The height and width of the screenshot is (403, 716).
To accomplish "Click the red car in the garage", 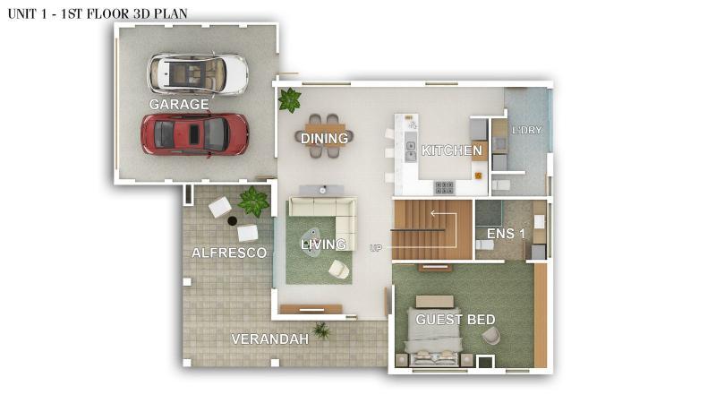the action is click(x=194, y=134).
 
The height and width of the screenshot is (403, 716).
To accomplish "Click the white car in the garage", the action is click(x=198, y=74).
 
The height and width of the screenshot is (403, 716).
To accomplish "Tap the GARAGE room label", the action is click(x=179, y=104).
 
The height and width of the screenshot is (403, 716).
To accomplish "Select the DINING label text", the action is click(x=324, y=138).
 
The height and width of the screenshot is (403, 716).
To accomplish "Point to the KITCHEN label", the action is click(x=451, y=150).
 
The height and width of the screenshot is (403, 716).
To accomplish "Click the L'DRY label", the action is click(x=526, y=130).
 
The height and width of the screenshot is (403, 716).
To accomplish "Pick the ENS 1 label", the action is click(x=506, y=234).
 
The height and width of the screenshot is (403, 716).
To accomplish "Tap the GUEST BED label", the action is click(x=456, y=320).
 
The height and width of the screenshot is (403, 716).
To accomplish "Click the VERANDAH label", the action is click(x=270, y=339).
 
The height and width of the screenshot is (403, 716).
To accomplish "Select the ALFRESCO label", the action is click(x=229, y=253).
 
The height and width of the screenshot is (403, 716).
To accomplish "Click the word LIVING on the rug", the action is click(x=323, y=244).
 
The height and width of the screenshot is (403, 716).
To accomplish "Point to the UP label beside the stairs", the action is click(x=375, y=248).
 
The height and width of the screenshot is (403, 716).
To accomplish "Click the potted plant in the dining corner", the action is click(x=290, y=100).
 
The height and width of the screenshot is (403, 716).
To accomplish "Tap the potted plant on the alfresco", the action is click(x=253, y=201).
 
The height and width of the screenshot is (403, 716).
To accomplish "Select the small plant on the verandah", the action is click(x=321, y=330).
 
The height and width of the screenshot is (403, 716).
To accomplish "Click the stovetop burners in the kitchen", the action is click(x=444, y=187).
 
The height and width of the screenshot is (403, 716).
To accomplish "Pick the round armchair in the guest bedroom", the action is click(x=490, y=337).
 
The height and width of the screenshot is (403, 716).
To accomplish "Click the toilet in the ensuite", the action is click(x=484, y=244).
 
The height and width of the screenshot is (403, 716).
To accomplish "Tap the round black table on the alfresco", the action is click(x=232, y=220).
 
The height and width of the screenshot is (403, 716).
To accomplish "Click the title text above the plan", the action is click(x=98, y=13).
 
